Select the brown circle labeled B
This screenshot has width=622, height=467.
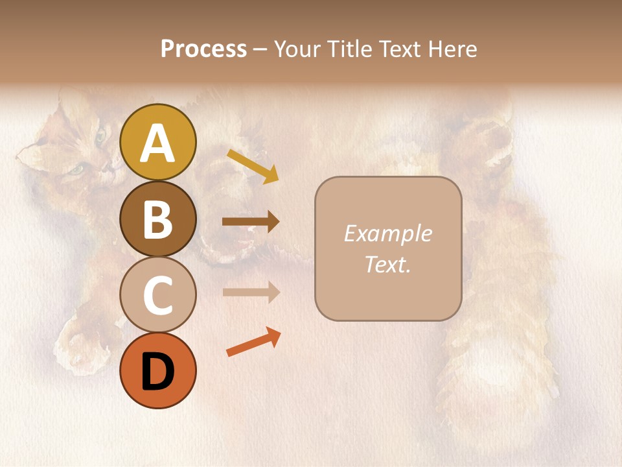tap(158, 219)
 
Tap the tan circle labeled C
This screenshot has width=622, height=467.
tap(158, 295)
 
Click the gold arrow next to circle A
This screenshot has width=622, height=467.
tap(253, 165)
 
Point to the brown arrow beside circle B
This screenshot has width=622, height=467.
tap(251, 222)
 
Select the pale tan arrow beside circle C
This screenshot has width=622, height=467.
tap(251, 293)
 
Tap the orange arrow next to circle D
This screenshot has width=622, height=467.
tap(253, 342)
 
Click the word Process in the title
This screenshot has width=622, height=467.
tap(203, 49)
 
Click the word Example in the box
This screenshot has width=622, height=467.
tap(387, 233)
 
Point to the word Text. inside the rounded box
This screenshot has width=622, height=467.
tap(387, 265)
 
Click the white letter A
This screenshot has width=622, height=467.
tap(158, 143)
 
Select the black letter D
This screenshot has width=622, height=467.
tap(158, 372)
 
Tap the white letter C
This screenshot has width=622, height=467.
tap(158, 296)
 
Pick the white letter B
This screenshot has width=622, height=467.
tap(158, 219)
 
